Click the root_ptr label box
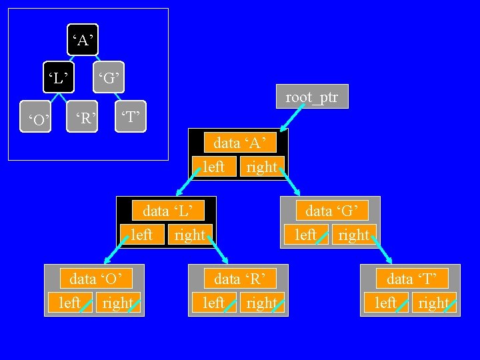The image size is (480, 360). coord(312,97)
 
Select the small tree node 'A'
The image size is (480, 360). coord(83,41)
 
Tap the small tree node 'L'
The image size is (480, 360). coord(58,78)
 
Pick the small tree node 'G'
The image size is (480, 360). coord(109,79)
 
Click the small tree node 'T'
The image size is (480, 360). coord(129,118)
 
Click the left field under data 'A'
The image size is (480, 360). coord(213,167)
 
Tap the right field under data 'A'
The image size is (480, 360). coord(262,167)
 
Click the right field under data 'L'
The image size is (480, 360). coord(190,235)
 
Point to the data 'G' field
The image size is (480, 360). coord(336,211)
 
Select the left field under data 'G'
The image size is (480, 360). coord(306,235)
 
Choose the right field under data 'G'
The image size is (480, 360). coord(354,235)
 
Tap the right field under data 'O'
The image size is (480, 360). coord(118,303)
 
